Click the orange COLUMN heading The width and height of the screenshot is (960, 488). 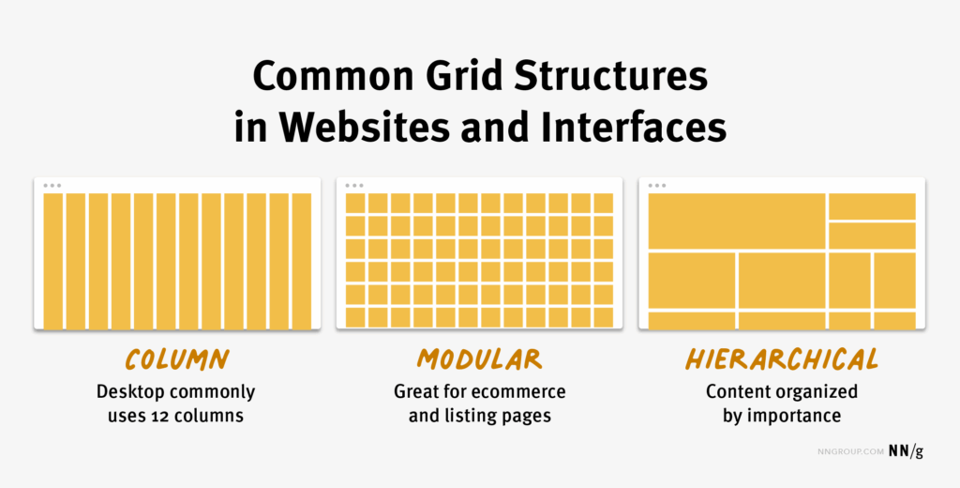[176, 359]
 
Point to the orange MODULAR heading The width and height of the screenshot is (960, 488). [479, 359]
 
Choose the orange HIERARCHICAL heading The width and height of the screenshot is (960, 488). [781, 359]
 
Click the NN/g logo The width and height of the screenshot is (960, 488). [906, 451]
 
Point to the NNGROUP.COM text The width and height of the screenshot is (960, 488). [850, 451]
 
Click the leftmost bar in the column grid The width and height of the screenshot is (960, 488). [53, 261]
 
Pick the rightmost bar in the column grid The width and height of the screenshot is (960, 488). [301, 261]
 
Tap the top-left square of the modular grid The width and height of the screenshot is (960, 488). [355, 203]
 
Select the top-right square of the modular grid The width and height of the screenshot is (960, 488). [603, 203]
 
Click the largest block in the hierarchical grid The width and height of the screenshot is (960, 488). [737, 221]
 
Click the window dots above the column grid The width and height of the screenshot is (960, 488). [52, 185]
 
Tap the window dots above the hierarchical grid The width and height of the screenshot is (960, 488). [657, 185]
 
